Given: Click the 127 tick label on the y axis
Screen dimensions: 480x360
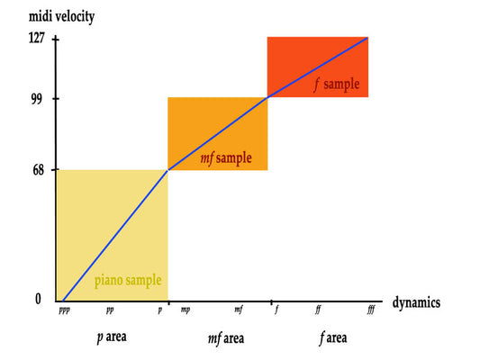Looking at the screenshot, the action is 37,38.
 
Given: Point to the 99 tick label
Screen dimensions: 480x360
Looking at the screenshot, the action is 37,98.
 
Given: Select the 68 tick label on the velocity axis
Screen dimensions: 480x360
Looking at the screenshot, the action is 38,170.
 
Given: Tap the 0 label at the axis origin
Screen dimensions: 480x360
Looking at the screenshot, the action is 38,299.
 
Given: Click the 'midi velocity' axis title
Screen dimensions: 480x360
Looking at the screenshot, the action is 61,16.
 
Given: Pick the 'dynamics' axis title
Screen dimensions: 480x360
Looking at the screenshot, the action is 416,302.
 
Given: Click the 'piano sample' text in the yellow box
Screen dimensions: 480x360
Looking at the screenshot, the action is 128,281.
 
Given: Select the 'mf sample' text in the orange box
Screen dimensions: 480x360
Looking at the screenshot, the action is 226,158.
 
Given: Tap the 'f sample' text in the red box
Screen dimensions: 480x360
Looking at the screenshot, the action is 337,85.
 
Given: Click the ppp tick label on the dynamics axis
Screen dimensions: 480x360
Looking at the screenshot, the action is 65,310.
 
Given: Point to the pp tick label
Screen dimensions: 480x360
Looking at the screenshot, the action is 110,310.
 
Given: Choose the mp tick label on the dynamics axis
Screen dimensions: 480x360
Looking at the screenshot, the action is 186,310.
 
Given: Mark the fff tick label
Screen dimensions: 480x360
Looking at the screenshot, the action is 371,310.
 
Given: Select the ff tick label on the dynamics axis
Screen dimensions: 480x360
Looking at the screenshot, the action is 318,310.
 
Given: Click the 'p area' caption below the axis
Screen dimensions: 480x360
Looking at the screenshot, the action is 112,337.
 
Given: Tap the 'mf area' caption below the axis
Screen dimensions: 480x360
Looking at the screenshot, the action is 226,339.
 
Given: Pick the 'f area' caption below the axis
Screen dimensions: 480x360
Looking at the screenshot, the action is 333,338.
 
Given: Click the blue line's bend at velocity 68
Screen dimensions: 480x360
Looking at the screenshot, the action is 168,170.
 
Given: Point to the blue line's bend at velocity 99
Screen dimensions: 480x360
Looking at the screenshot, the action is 267,97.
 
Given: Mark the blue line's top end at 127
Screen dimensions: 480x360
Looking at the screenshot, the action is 367,38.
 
